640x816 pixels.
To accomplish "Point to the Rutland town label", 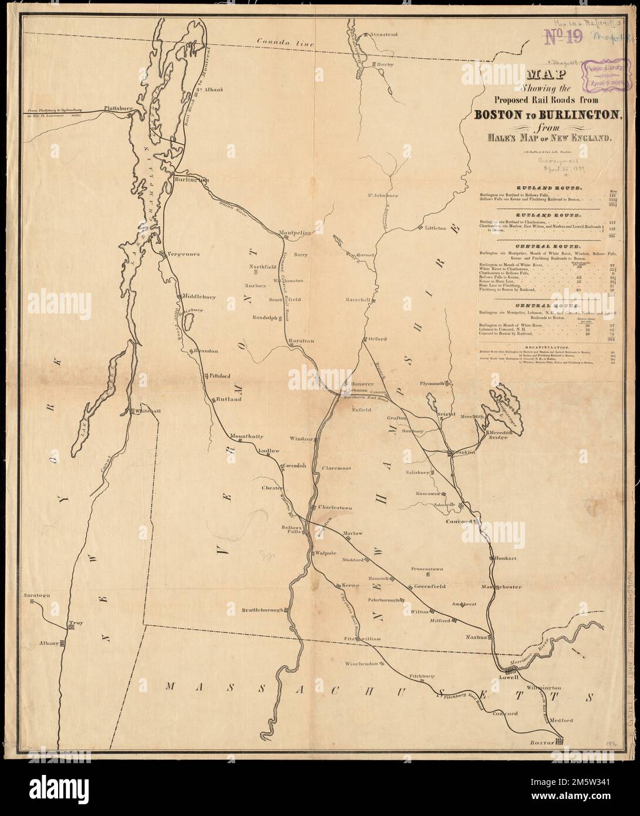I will (229, 399).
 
